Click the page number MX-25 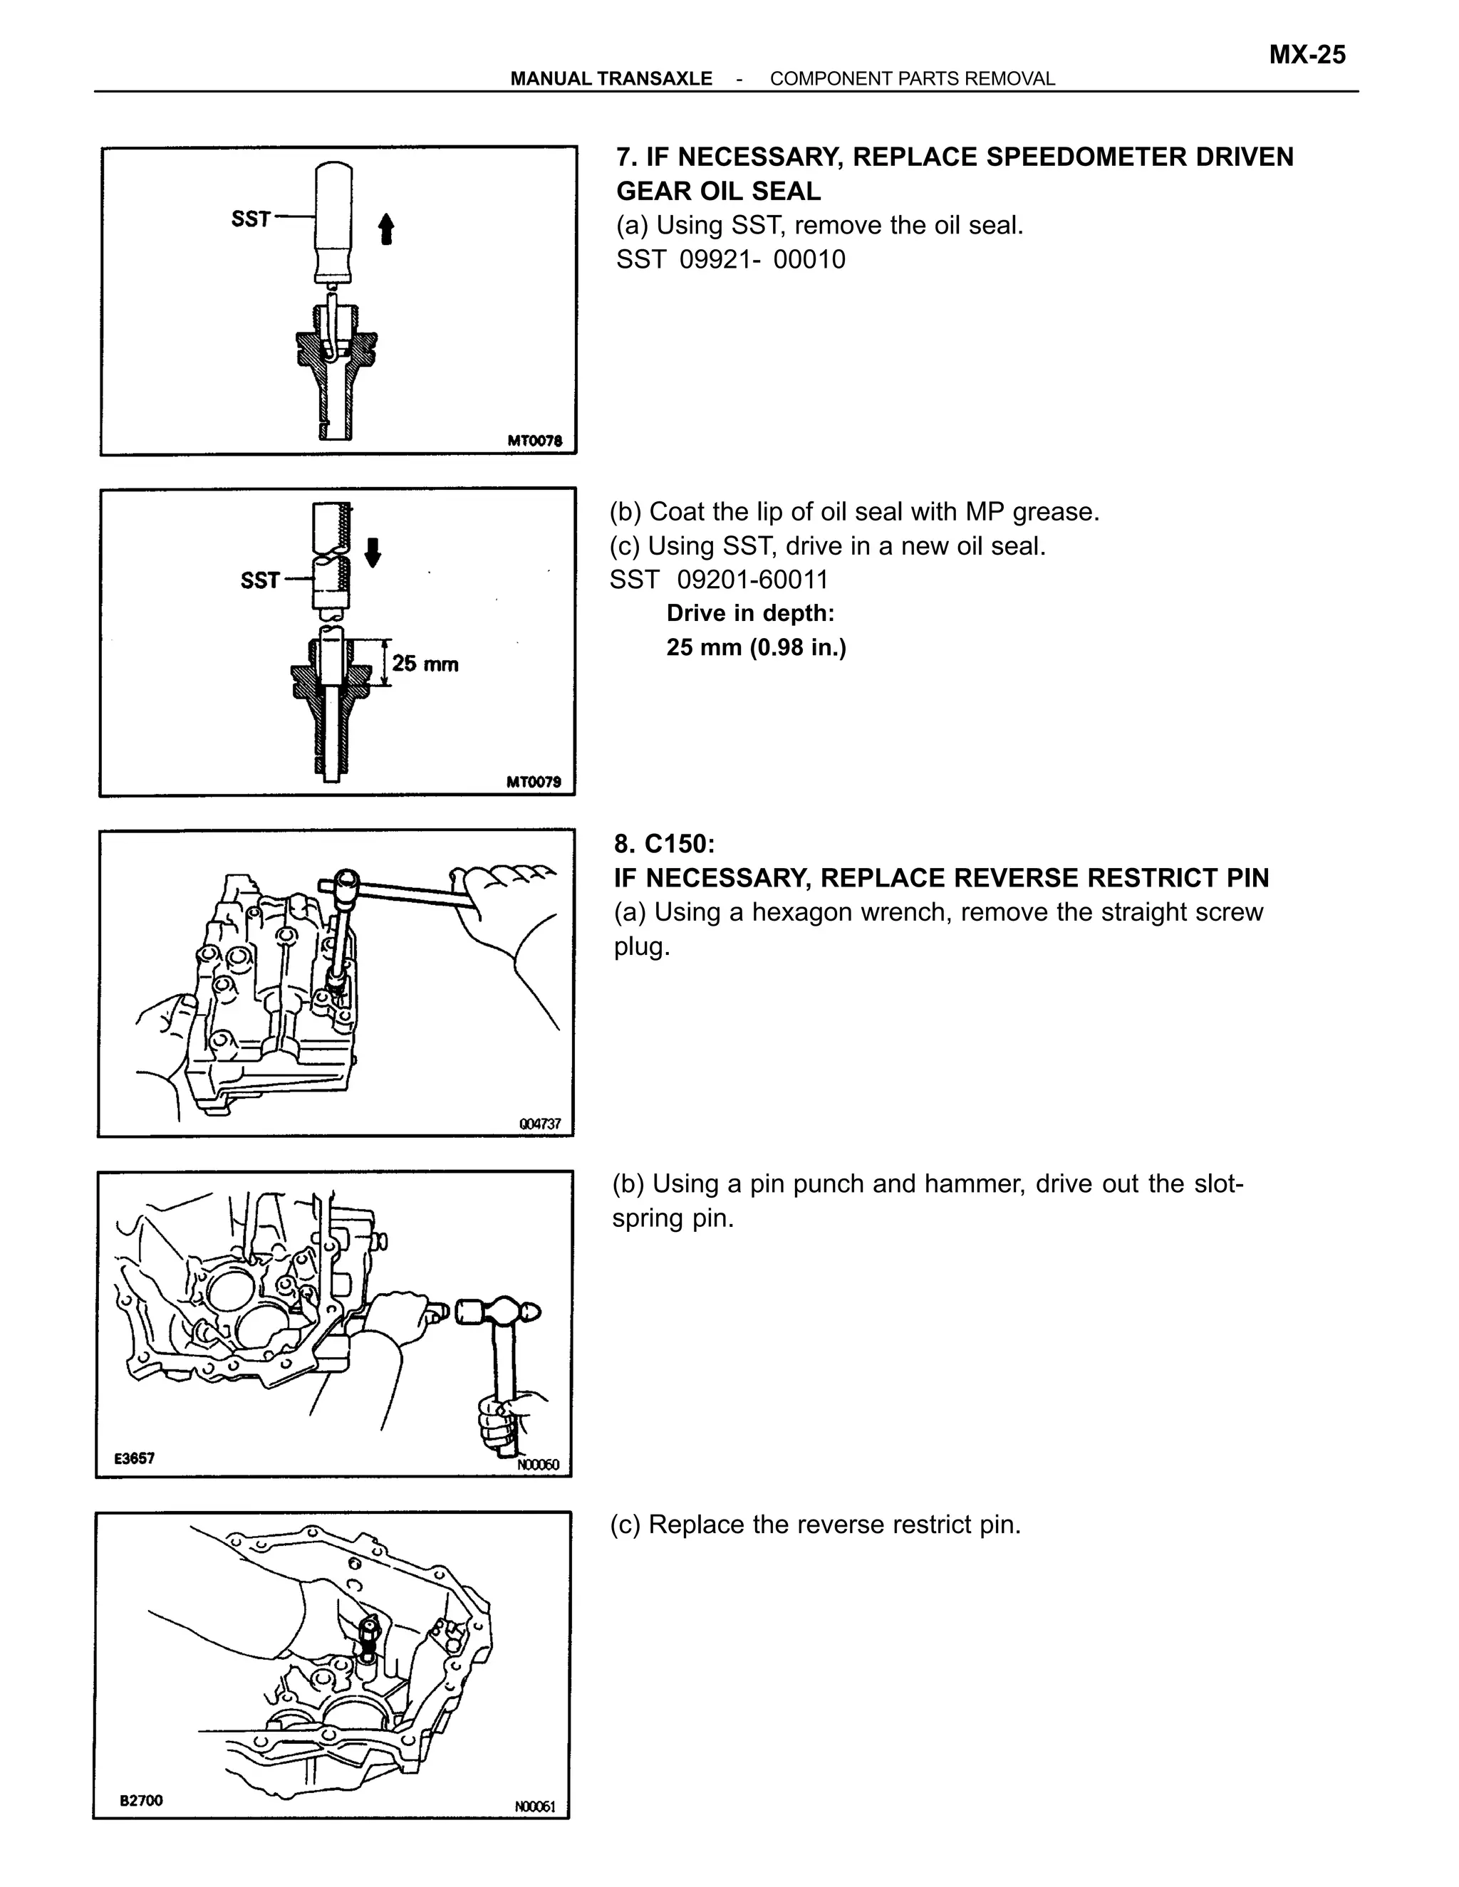coord(1307,56)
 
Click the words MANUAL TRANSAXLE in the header coord(611,78)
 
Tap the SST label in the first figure coord(251,219)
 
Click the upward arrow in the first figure coord(386,229)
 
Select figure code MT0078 coord(534,441)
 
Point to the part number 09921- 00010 coord(762,259)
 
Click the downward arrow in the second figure coord(373,551)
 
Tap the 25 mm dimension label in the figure coord(425,664)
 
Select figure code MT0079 coord(534,782)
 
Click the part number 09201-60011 coord(752,580)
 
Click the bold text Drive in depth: coord(750,613)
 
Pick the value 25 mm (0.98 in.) coord(757,647)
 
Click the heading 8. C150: coord(665,843)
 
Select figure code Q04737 coord(540,1124)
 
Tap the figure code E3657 coord(135,1458)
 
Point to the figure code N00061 coord(535,1807)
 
